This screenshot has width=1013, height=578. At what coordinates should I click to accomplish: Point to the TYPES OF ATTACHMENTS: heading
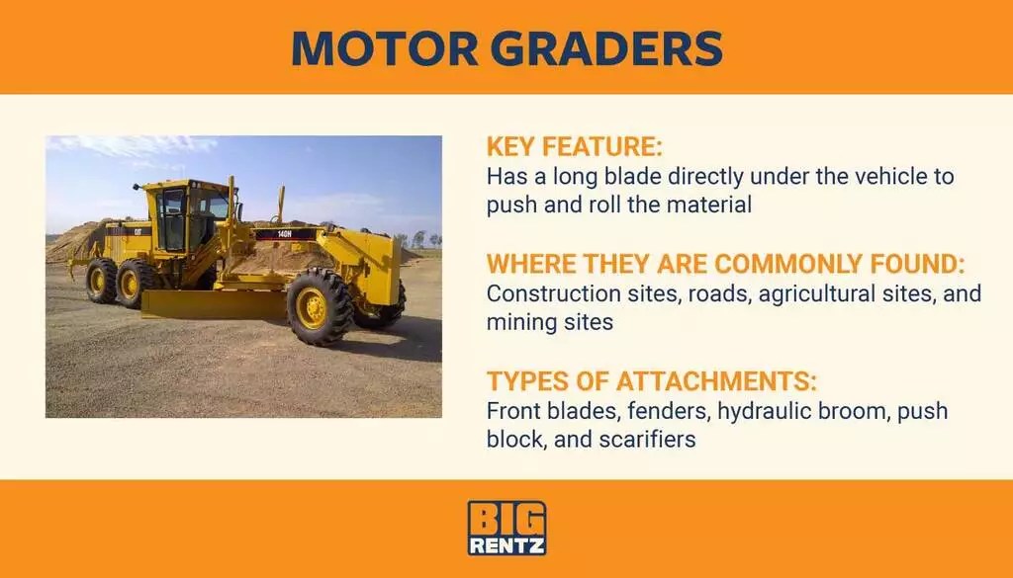coord(652,381)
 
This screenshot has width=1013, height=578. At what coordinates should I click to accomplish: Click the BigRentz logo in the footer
coord(506,528)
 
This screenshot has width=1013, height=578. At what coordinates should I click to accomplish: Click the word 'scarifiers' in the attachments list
coord(646,439)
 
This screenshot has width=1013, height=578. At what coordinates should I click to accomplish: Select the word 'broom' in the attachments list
coord(854,410)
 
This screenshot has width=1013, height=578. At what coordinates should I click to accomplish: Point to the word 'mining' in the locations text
coord(525,322)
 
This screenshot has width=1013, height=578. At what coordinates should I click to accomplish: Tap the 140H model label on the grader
coord(284,234)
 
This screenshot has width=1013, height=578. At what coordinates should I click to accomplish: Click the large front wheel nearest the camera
coord(316,308)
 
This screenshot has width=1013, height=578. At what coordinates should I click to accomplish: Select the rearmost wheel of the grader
coord(101,280)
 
